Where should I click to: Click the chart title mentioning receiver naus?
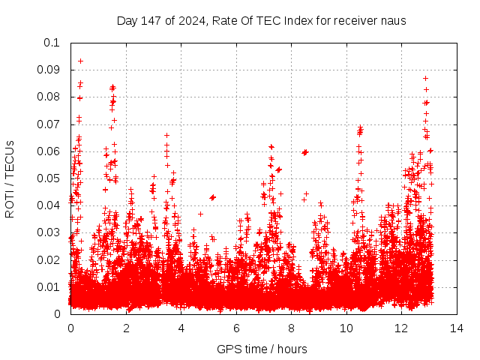261,20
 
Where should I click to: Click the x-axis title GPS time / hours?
262,349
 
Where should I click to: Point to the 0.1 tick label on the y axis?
52,43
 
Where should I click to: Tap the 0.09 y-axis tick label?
49,70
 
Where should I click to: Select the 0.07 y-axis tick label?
49,124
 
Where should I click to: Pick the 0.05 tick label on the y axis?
49,178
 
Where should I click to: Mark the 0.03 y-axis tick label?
49,232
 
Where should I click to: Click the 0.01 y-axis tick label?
49,287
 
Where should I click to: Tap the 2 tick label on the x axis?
126,328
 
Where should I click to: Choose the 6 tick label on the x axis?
236,328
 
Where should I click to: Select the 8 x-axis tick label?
292,328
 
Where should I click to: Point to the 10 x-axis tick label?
346,328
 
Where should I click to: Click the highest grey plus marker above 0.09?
80,61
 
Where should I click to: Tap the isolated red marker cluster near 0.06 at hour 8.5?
305,152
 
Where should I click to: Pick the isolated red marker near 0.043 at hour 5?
212,197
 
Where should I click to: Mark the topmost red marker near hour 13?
425,78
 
